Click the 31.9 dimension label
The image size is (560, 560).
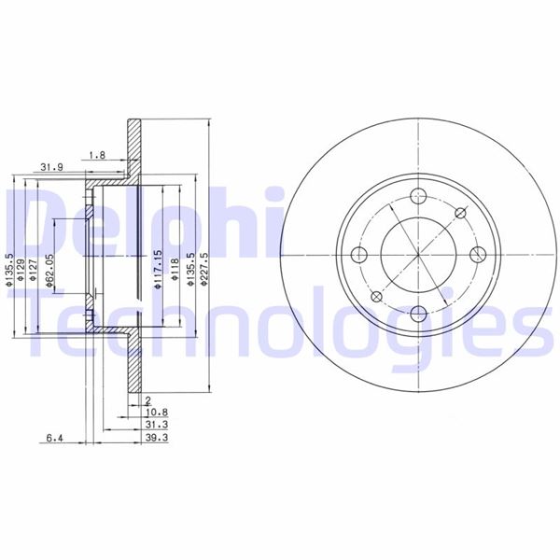[51, 168]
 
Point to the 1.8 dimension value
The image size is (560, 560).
[95, 154]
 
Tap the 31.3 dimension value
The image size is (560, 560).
[154, 423]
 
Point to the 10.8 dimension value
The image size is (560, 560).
[154, 411]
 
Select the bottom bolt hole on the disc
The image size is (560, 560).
[417, 314]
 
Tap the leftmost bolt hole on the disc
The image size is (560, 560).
[359, 256]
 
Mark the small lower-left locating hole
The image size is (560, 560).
[376, 297]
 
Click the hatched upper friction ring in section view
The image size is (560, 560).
[135, 149]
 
